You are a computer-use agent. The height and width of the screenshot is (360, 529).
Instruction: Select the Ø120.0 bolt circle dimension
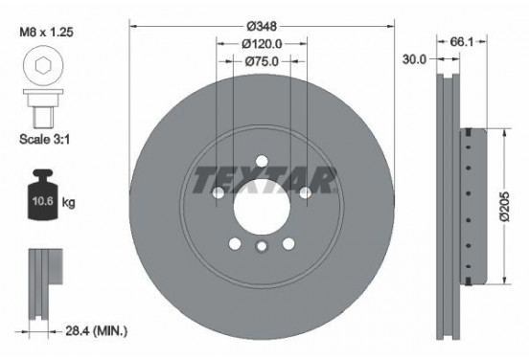[x=262, y=43]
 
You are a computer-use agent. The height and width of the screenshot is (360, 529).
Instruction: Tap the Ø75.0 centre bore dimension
[x=262, y=61]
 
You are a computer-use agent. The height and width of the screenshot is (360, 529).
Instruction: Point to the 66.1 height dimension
[x=461, y=43]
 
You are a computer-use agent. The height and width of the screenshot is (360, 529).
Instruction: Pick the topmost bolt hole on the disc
[x=262, y=163]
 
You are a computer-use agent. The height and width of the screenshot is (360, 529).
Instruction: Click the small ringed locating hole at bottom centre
[x=262, y=248]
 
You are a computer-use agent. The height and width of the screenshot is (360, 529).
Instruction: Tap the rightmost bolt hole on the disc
[x=306, y=194]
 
